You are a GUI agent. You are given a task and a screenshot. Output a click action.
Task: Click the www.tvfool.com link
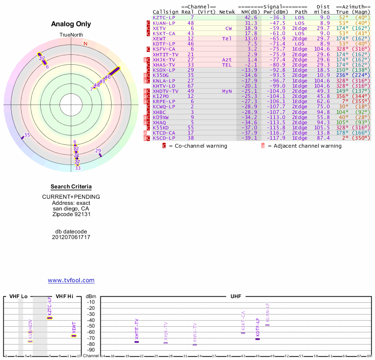coord(71,280)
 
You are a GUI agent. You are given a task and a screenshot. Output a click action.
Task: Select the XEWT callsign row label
coord(159,38)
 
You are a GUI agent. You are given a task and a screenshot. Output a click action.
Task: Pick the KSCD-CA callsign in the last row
coord(164,138)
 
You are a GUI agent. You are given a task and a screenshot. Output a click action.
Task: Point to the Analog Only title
coord(71,24)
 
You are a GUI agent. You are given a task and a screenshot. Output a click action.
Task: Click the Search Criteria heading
coord(71,187)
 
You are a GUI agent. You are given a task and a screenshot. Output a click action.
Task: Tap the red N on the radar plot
coord(85,44)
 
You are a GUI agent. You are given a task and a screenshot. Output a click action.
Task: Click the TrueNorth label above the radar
coord(71,35)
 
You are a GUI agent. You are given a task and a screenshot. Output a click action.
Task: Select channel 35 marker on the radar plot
coord(27,135)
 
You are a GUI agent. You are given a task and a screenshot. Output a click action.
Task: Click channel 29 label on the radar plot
coord(98,151)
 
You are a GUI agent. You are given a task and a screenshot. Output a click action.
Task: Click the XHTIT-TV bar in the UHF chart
coord(137,342)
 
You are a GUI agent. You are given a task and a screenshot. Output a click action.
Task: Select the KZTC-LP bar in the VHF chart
coord(49,318)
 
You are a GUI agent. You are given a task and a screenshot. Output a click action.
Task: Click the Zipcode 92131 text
coord(71,215)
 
